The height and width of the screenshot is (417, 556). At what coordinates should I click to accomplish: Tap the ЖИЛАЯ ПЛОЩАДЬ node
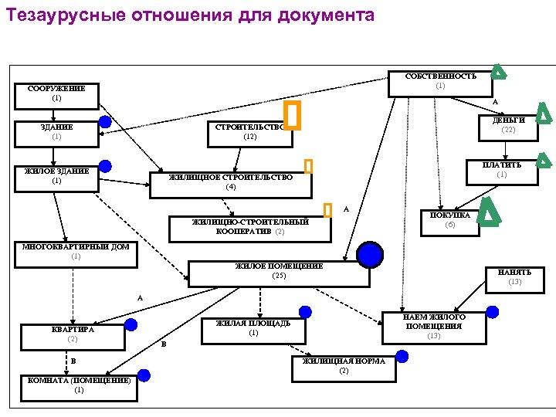point(253,330)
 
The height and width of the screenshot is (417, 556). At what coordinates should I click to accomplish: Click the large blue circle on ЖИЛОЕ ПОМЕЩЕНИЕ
point(370,255)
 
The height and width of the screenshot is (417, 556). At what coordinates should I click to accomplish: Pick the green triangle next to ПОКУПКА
point(488,212)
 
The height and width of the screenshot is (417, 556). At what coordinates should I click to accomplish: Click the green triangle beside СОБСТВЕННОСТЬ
point(499,72)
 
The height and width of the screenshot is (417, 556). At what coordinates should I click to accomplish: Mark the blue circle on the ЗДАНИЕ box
point(105,122)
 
